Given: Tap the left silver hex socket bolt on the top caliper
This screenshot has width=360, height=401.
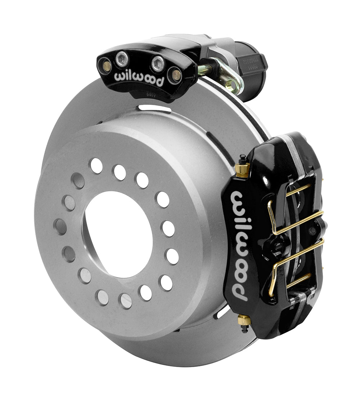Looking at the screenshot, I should coord(122,59).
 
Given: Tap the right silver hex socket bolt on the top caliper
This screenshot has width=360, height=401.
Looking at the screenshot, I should coord(157,64).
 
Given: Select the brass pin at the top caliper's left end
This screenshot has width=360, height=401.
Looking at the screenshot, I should coord(107,66).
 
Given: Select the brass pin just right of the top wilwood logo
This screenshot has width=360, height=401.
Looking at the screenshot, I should coord(176,75).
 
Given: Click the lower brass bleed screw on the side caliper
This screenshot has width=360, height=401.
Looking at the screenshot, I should coord(244,320).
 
